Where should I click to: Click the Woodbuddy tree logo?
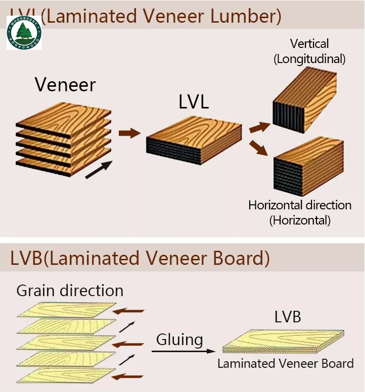tap(24, 32)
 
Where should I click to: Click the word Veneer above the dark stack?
tap(65, 84)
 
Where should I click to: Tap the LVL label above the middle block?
tap(194, 102)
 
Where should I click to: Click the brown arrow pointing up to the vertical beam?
tap(260, 127)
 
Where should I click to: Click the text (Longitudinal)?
tap(309, 59)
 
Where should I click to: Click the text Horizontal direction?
tap(300, 205)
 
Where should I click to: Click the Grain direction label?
tap(70, 291)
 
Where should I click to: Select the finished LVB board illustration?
tap(283, 342)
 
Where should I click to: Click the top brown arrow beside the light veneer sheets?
tap(128, 311)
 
